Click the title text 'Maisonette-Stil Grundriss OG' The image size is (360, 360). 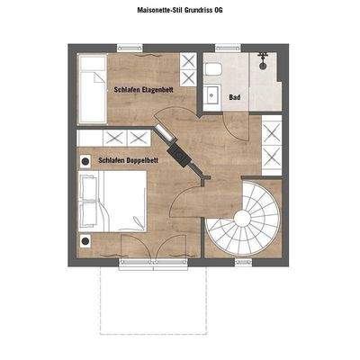(x=180, y=12)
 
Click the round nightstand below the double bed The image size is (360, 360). (x=86, y=241)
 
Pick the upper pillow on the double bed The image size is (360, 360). (x=89, y=188)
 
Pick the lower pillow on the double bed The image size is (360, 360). (x=89, y=215)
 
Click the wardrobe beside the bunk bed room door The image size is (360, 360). (x=189, y=70)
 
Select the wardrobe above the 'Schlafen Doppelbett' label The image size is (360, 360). (x=126, y=138)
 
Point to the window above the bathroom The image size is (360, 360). (x=243, y=49)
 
